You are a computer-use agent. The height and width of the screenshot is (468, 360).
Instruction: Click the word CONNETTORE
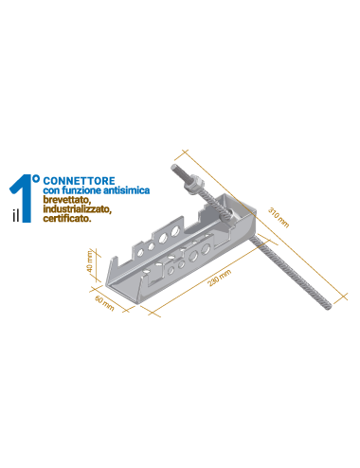point(79,181)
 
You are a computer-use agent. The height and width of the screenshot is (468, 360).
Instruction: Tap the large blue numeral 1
point(24,198)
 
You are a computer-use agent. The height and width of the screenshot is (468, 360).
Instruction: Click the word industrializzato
point(77,209)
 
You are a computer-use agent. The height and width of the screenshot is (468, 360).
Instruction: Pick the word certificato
point(67,218)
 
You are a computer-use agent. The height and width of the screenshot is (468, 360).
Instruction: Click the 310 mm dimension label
point(279,217)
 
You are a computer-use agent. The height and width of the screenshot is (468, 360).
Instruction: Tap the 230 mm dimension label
point(220,278)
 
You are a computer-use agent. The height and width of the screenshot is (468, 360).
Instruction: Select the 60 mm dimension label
point(104,303)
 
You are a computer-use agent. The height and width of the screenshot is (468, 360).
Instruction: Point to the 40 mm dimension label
point(90,261)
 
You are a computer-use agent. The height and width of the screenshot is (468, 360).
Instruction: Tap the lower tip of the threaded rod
point(329,306)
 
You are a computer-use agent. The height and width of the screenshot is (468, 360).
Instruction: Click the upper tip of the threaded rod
point(173,167)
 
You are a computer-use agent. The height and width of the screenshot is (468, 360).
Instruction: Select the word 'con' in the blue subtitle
point(51,191)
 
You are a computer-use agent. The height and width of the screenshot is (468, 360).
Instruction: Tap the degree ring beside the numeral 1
point(36,179)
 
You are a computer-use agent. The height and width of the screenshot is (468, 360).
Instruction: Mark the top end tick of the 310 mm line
point(185,152)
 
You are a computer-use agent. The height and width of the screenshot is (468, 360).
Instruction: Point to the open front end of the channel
point(124,284)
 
